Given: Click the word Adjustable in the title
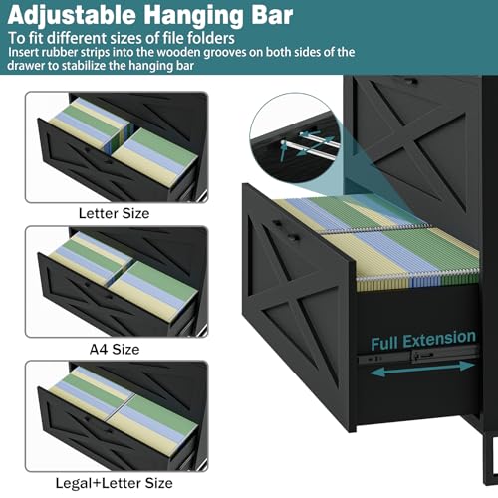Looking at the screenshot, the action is pyautogui.click(x=72, y=15).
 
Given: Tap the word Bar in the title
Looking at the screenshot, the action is pyautogui.click(x=272, y=15).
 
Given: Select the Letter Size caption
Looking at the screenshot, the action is pyautogui.click(x=114, y=213).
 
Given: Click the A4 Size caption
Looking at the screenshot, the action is pyautogui.click(x=115, y=349).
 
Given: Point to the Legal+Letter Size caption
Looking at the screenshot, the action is pyautogui.click(x=114, y=483).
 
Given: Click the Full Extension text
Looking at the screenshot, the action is pyautogui.click(x=423, y=340).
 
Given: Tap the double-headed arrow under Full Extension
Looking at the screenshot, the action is pyautogui.click(x=422, y=369).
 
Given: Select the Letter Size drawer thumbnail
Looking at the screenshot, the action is pyautogui.click(x=117, y=147).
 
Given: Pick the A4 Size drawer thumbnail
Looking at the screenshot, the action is pyautogui.click(x=117, y=282).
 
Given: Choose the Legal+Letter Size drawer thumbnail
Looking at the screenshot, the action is pyautogui.click(x=117, y=416).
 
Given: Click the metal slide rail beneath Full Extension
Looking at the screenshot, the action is pyautogui.click(x=418, y=356).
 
